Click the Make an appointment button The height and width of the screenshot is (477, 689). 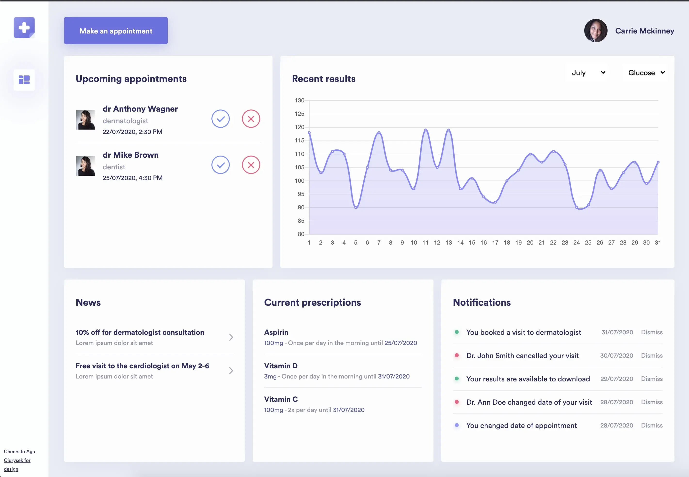pyautogui.click(x=116, y=31)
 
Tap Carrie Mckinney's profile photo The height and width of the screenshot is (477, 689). pyautogui.click(x=595, y=31)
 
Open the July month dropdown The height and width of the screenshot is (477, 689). pyautogui.click(x=588, y=73)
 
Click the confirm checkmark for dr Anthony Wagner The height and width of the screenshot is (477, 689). pyautogui.click(x=220, y=119)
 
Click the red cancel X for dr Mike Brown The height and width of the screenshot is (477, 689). pyautogui.click(x=251, y=165)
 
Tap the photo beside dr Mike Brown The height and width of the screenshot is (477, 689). pyautogui.click(x=85, y=166)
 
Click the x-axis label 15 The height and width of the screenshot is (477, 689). pyautogui.click(x=472, y=243)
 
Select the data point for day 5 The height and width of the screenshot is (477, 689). pyautogui.click(x=356, y=207)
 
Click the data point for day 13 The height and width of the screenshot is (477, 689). pyautogui.click(x=449, y=130)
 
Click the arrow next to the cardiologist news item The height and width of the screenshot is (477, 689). pyautogui.click(x=231, y=370)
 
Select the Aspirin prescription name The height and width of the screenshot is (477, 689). pyautogui.click(x=276, y=332)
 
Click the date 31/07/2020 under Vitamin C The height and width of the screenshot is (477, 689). pyautogui.click(x=349, y=410)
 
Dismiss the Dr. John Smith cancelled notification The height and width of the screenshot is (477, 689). pyautogui.click(x=652, y=356)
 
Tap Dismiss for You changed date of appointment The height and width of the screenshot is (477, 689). pyautogui.click(x=652, y=425)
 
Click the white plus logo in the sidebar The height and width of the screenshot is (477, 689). pyautogui.click(x=24, y=27)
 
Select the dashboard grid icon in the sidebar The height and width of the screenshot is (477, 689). pyautogui.click(x=24, y=80)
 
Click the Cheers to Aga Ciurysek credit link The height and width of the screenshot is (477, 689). pyautogui.click(x=19, y=460)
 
